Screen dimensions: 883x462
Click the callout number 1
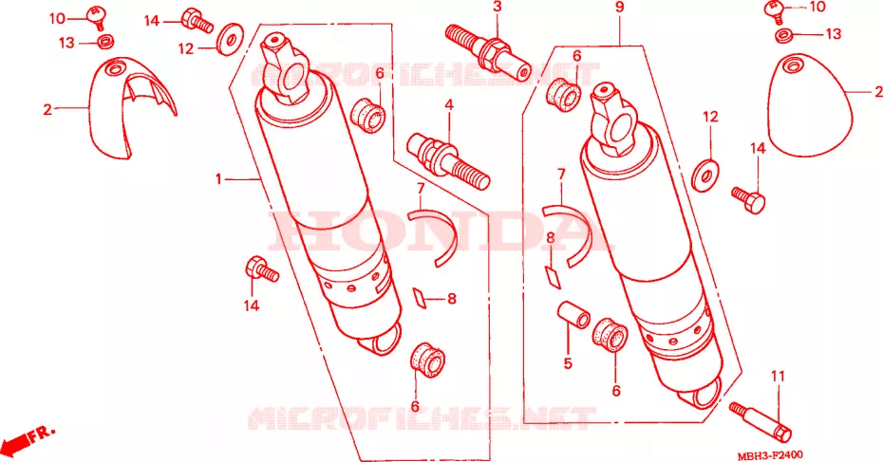click(x=218, y=179)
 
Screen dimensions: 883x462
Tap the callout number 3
click(x=497, y=8)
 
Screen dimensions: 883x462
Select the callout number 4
click(x=449, y=104)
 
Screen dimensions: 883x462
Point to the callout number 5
click(x=568, y=363)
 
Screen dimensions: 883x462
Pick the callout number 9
click(x=619, y=8)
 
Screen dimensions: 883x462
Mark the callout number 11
click(x=778, y=376)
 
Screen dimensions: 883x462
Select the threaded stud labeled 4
click(x=449, y=161)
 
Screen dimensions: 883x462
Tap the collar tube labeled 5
click(x=573, y=316)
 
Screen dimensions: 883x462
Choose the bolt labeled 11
click(x=761, y=421)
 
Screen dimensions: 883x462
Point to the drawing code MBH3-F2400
click(x=770, y=454)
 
